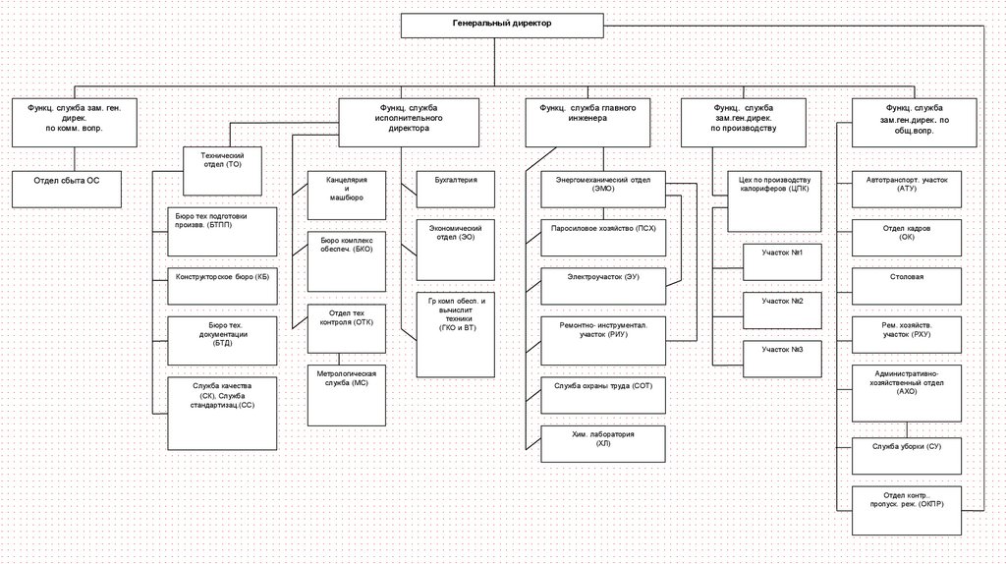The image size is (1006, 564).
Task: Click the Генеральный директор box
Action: (502, 25)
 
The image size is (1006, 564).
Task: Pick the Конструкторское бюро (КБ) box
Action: (221, 279)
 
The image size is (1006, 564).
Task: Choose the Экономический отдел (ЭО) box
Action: (456, 250)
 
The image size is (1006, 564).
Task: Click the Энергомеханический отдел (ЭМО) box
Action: (603, 189)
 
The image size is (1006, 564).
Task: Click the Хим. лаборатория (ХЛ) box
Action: (603, 444)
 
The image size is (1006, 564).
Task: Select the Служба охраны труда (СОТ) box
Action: (603, 393)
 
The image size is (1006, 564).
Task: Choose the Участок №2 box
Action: (782, 307)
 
